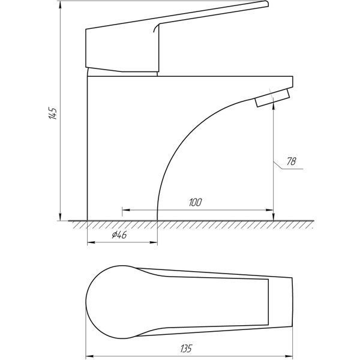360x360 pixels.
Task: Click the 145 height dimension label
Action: click(x=52, y=113)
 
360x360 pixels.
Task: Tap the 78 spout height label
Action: click(x=292, y=161)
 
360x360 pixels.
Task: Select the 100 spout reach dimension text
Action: click(x=196, y=202)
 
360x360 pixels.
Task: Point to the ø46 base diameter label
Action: click(x=119, y=235)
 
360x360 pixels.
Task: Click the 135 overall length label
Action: click(x=186, y=348)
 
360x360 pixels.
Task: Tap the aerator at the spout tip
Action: click(x=272, y=98)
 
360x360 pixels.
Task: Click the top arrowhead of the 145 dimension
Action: click(x=60, y=5)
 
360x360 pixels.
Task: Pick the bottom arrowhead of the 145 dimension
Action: click(x=60, y=217)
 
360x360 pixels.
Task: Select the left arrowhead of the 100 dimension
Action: click(x=126, y=210)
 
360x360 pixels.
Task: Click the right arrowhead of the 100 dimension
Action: click(x=269, y=210)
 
